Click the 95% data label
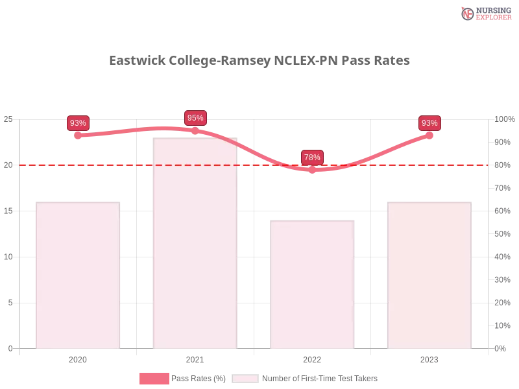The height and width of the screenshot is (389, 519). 195,118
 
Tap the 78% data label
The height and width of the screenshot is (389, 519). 312,158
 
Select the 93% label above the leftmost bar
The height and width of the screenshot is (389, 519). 78,123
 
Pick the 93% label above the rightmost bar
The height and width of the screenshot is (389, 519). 429,123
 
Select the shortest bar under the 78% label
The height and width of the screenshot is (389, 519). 314,285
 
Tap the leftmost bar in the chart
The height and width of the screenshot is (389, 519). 78,275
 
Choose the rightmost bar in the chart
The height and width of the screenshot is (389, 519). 428,275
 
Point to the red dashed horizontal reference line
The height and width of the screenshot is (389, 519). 130,165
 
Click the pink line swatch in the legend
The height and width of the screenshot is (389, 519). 154,379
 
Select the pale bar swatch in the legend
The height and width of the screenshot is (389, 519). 245,379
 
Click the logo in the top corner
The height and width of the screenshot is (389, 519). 485,13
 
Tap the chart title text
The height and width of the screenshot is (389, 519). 259,60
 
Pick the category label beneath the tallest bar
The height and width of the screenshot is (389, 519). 195,359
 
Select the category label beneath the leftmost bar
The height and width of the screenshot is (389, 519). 78,359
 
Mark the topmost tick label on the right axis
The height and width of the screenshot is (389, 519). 503,119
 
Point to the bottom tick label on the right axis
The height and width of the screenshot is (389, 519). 501,348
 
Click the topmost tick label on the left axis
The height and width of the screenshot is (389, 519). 8,119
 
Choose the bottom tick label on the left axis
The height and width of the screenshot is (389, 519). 10,348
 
